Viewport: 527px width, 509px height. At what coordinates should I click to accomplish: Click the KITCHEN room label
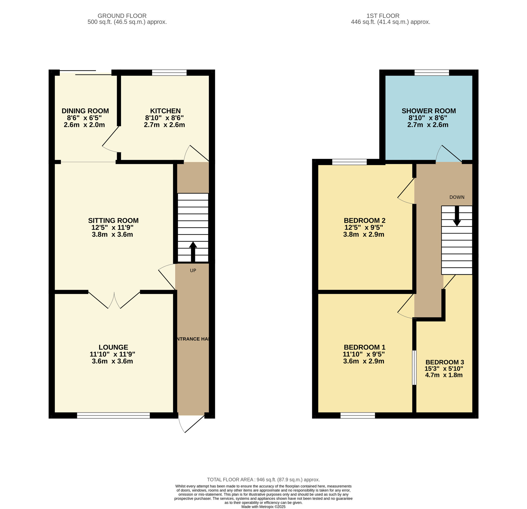(165, 111)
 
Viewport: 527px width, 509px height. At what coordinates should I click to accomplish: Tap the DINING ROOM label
(85, 111)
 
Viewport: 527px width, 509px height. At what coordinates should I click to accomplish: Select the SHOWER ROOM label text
(429, 111)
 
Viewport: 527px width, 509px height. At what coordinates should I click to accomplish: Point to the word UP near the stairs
(193, 271)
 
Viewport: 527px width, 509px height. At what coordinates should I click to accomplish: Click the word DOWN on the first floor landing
(457, 197)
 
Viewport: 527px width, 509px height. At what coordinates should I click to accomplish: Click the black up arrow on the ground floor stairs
(193, 252)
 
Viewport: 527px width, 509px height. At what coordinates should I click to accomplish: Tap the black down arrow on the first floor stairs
(457, 216)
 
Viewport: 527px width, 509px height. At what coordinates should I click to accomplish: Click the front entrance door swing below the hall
(192, 424)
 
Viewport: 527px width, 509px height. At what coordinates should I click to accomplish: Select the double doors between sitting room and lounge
(114, 300)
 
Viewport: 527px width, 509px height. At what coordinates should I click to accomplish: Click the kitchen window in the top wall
(169, 73)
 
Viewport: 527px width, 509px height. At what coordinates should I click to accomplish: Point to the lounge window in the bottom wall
(113, 416)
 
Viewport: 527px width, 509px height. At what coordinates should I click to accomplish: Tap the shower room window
(432, 73)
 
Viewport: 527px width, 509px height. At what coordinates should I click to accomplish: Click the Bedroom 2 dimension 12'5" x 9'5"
(364, 227)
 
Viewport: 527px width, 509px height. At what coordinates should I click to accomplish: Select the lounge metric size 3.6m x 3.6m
(113, 361)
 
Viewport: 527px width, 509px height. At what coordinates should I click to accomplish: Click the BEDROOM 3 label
(445, 362)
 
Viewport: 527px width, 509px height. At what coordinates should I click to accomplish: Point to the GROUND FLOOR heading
(122, 16)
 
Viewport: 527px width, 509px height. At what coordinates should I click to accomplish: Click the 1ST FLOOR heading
(383, 16)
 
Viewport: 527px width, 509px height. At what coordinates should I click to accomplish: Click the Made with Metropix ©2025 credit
(263, 507)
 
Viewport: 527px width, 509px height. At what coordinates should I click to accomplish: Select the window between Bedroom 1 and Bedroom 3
(414, 367)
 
